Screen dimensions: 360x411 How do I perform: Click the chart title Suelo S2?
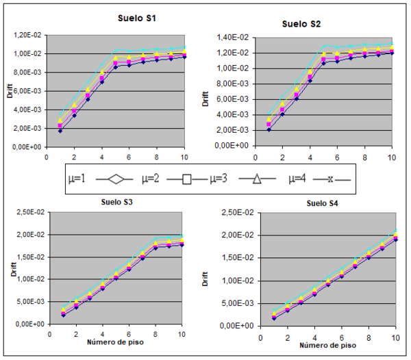(301, 24)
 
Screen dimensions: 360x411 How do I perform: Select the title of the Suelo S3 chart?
(113, 202)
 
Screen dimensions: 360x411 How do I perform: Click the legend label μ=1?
(77, 179)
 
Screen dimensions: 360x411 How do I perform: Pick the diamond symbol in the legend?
(117, 179)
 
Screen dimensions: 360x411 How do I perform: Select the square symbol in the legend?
(187, 180)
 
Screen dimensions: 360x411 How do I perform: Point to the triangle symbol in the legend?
(257, 179)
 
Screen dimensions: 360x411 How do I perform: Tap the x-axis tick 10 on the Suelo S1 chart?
(183, 157)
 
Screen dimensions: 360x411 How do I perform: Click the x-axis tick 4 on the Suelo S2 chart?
(310, 157)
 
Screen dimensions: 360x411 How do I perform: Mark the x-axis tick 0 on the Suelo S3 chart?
(49, 335)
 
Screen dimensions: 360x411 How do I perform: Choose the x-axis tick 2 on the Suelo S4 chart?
(287, 338)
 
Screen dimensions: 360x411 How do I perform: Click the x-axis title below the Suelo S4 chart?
(321, 346)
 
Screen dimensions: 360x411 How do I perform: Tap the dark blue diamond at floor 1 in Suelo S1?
(60, 130)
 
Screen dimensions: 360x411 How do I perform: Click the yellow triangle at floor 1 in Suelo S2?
(269, 118)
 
